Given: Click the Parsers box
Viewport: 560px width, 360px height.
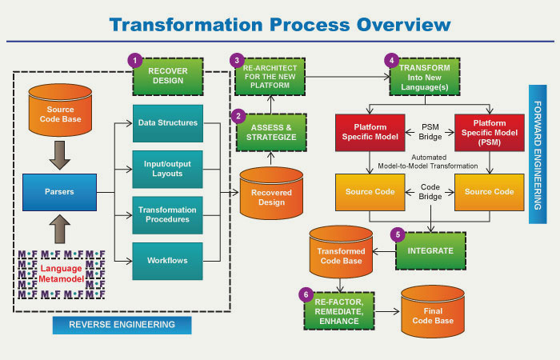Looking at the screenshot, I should pos(58,191).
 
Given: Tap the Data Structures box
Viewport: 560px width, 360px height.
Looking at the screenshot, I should pos(167,123).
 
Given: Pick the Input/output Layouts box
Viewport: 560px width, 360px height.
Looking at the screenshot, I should pos(167,170).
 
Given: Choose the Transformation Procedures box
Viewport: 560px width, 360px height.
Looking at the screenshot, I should pos(167,215).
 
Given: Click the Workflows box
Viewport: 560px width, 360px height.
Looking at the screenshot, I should pos(167,261).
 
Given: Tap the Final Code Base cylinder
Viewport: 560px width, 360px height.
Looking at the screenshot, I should pos(433,308).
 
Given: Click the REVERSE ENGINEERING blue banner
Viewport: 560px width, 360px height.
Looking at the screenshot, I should pos(122,324).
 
